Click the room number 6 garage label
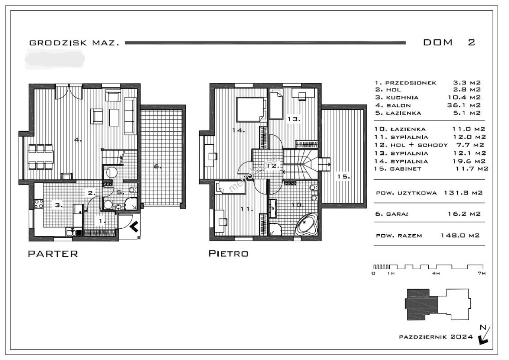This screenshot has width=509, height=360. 157,167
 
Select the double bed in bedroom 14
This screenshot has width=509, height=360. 251,110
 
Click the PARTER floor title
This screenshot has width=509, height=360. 53,254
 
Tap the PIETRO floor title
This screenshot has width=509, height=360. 228,254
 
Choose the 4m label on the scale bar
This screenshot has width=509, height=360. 436,273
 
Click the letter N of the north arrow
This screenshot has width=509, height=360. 483,328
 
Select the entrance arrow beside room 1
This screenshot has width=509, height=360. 134,226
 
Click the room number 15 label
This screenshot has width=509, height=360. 343,177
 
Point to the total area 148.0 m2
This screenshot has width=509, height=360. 460,235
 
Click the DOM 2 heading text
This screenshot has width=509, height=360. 449,43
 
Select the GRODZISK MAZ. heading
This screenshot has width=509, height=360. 74,43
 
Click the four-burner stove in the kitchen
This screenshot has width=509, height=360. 39,204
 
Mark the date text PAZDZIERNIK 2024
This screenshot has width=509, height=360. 436,337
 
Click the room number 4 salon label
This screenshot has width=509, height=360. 78,140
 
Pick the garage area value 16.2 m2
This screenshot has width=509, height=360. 464,214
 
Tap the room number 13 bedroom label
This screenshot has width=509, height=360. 294,119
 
